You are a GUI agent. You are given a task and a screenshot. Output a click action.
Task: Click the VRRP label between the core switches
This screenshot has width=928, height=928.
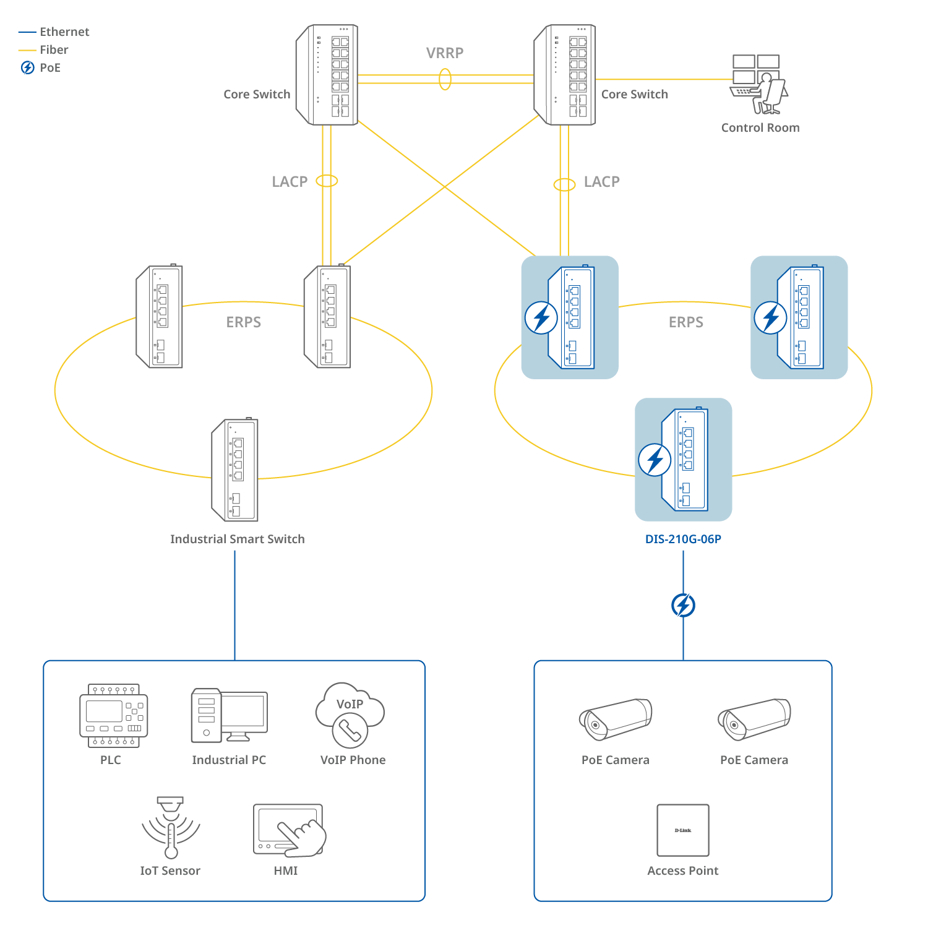445,53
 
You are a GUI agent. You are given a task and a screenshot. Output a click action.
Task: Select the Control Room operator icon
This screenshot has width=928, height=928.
759,85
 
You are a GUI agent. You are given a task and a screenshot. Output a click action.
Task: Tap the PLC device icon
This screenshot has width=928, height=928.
114,716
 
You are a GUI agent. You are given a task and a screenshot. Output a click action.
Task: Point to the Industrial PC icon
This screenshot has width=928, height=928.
229,715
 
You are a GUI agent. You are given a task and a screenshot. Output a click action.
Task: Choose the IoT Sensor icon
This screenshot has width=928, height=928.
171,828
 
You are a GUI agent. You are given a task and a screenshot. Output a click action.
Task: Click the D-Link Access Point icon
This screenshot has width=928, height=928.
683,830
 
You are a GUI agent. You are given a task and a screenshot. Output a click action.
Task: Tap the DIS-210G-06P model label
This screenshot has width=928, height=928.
683,539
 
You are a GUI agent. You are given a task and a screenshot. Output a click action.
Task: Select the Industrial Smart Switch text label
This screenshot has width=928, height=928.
238,539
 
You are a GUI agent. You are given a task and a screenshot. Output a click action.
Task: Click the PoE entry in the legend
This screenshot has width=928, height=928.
49,68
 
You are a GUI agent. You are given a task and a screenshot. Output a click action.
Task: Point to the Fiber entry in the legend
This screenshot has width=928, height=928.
54,50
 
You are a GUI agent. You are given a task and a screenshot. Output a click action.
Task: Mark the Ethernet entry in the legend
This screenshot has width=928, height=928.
64,32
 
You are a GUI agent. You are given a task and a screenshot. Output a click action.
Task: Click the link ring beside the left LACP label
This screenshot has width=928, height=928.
327,181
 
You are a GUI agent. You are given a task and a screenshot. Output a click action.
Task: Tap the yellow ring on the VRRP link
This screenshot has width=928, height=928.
445,79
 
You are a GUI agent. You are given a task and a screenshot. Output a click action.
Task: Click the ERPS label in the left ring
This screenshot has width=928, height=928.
244,322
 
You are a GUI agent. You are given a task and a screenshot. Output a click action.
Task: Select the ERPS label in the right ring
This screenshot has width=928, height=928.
686,322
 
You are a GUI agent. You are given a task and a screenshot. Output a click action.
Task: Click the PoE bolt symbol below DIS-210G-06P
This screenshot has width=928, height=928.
683,605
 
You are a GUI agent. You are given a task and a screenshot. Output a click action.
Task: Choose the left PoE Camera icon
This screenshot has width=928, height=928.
616,719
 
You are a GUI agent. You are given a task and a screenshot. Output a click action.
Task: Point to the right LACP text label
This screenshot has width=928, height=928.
601,182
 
